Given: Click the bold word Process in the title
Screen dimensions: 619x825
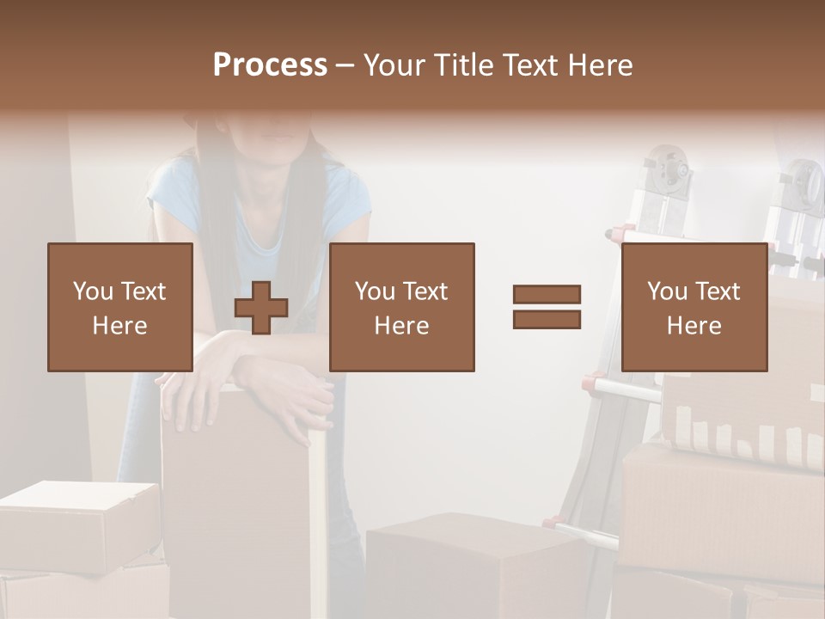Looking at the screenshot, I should coord(270,65).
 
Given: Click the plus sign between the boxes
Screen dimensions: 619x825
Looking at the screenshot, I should coord(261,307).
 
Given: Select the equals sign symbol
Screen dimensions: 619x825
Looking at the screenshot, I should coord(547,307).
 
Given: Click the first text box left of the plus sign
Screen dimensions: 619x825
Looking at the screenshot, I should coord(119,307).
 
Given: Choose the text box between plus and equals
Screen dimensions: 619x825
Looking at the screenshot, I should coord(401,307).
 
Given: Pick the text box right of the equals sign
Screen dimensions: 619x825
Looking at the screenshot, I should coord(694,307).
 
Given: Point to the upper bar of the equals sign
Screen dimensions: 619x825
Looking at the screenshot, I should coord(547,295).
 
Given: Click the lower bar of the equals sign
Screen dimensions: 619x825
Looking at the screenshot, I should coord(547,319).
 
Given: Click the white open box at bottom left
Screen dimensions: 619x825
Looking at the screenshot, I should coord(77,524).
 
